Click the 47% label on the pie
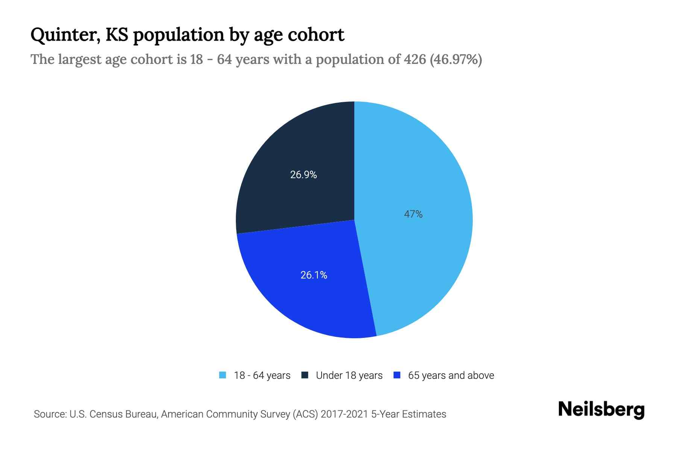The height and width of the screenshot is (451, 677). coord(413,214)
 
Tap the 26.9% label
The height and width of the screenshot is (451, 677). coord(303,175)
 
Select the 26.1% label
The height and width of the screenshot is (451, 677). coord(314,275)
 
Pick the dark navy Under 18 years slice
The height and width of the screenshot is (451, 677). coord(286,150)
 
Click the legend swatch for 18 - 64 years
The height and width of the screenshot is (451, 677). coord(223,375)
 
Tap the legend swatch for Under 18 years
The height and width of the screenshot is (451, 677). coord(305,375)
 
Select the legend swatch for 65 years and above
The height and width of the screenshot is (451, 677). coord(397,375)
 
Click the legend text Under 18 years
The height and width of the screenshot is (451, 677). coord(349,375)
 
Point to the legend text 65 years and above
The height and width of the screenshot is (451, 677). coord(451,375)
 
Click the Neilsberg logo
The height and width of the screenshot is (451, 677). coord(601,410)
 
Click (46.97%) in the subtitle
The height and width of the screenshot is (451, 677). coord(456,59)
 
